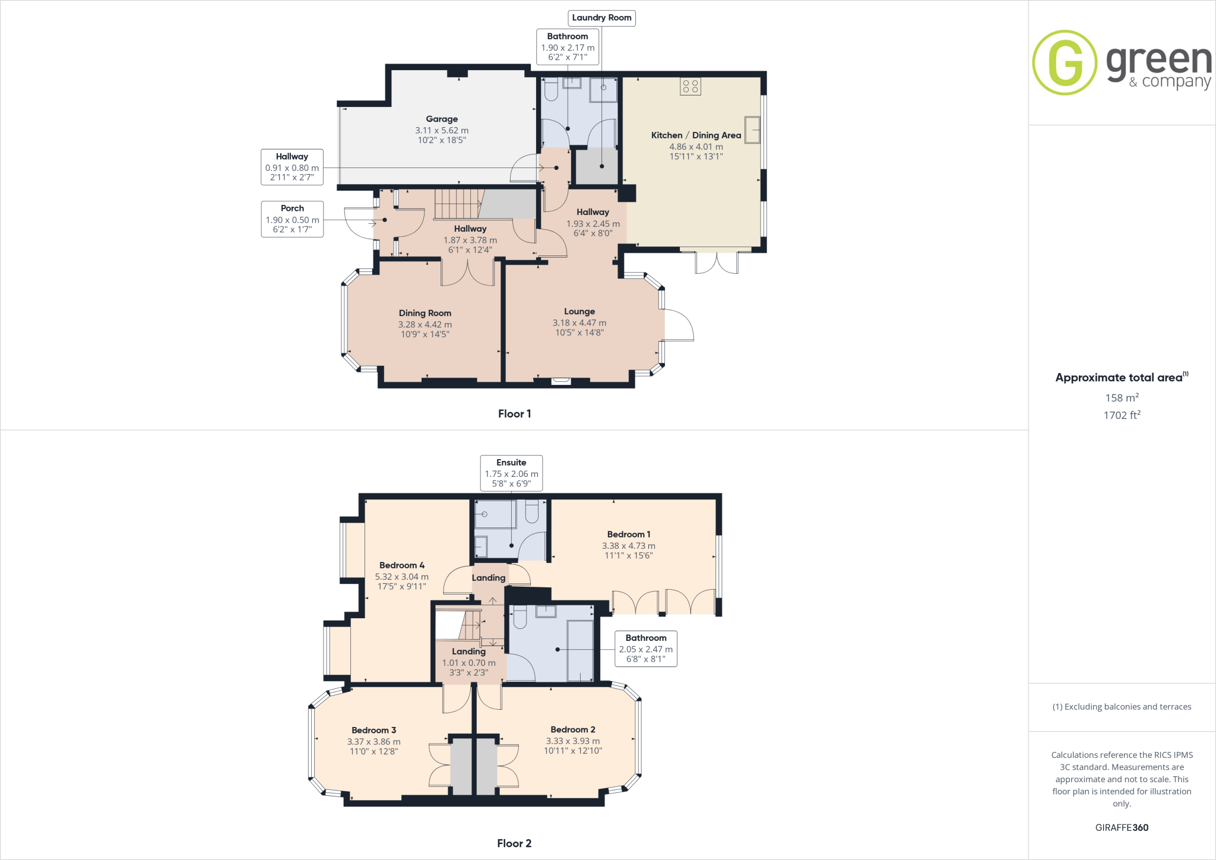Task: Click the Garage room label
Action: (442, 119)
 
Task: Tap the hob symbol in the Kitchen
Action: (690, 86)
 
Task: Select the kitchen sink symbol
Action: (752, 129)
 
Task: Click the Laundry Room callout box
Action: (601, 18)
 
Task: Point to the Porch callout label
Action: (292, 219)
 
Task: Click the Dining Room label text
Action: (425, 313)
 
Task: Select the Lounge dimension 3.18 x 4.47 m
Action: (579, 323)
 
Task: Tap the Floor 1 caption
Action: (514, 414)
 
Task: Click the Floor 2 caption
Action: (514, 843)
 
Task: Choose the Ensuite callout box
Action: (511, 473)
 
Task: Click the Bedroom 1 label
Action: (628, 535)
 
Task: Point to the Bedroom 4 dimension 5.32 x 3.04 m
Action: (401, 577)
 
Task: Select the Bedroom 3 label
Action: (373, 731)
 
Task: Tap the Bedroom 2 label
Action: (572, 730)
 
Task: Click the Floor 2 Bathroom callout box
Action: (645, 648)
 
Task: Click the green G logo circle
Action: (1065, 62)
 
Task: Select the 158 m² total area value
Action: (1122, 398)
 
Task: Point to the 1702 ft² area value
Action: (1122, 415)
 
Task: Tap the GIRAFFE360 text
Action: (1122, 827)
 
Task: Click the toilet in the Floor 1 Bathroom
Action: (551, 90)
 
